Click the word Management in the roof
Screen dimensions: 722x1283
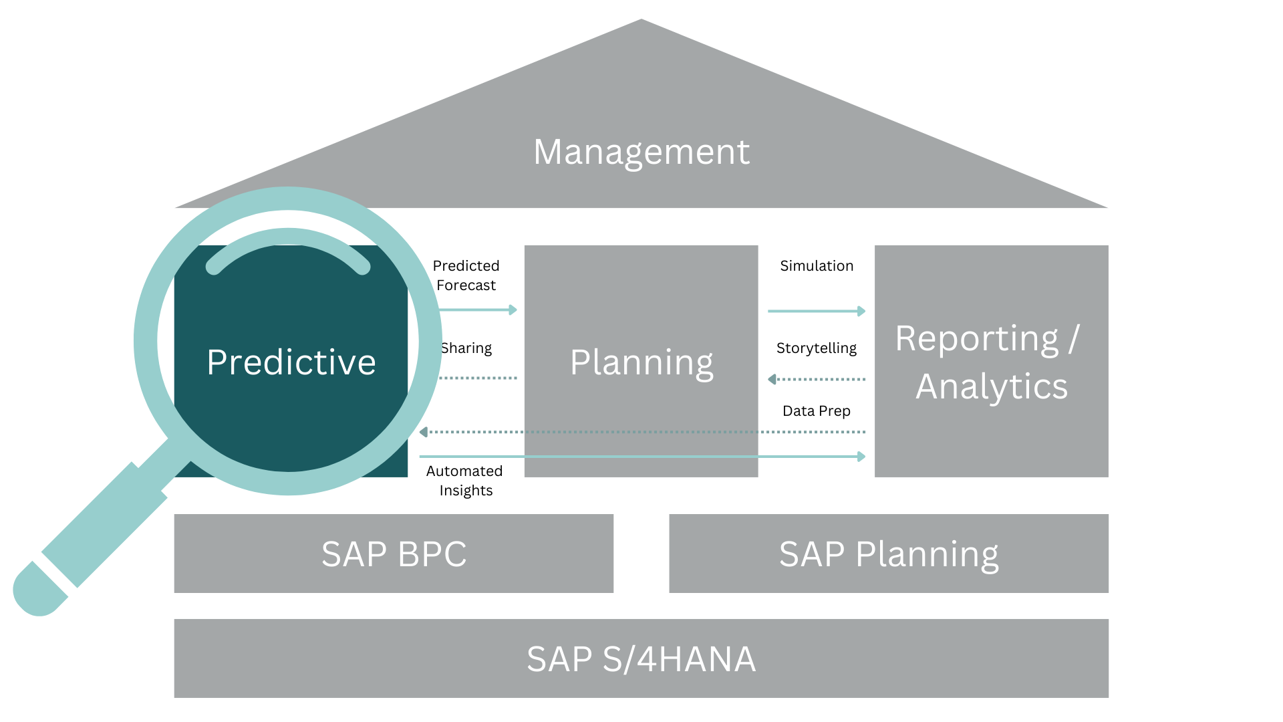coord(641,152)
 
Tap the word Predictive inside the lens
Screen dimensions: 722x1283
coord(291,362)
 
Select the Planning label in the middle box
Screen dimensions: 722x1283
coord(641,362)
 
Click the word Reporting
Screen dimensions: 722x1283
coord(976,338)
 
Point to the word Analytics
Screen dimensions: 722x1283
coord(992,386)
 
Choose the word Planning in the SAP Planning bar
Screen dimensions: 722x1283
coord(927,555)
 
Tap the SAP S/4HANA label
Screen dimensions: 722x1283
coord(641,659)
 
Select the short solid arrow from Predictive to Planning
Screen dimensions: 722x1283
coord(478,310)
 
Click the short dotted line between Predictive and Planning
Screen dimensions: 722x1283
coord(478,378)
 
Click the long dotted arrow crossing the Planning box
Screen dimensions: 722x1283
coord(641,432)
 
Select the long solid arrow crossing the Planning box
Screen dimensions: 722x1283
coord(641,457)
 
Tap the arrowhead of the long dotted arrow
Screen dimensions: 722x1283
coord(424,432)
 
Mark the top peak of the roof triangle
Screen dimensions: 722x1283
coord(641,21)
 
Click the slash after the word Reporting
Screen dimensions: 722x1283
coord(1073,338)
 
